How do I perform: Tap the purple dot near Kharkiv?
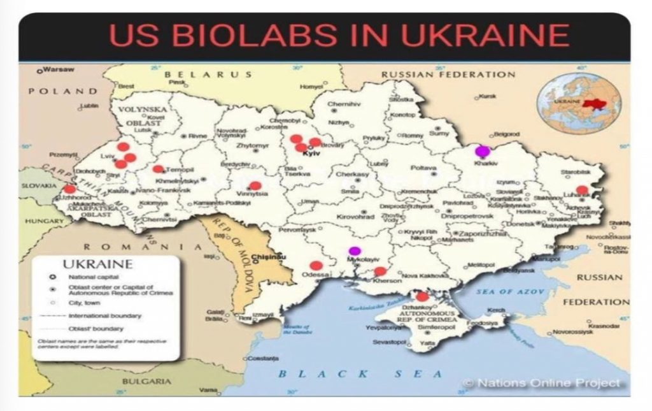tap(483, 151)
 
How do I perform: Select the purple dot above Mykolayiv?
tap(355, 250)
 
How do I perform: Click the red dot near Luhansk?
tap(582, 189)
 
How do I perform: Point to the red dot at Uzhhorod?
tap(69, 189)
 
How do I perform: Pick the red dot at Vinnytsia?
tap(255, 186)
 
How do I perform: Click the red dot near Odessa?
tap(316, 266)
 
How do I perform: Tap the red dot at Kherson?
tap(380, 271)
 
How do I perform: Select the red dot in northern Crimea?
tap(422, 296)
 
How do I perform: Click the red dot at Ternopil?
tap(158, 169)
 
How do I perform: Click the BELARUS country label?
tap(203, 75)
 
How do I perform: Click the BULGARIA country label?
tap(147, 381)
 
